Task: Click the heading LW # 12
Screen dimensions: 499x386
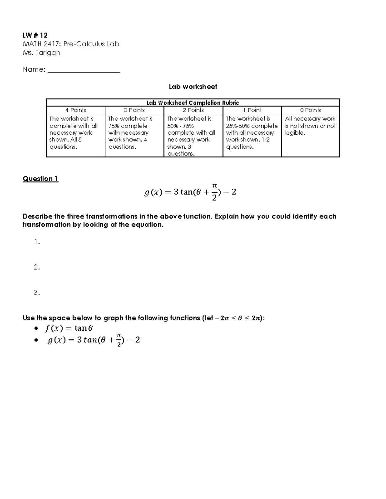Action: tap(35, 35)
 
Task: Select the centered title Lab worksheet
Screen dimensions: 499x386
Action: tap(193, 87)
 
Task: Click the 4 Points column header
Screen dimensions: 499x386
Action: tap(76, 110)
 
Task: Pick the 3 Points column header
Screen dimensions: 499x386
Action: tap(134, 110)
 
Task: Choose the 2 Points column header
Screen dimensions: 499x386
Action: tap(193, 110)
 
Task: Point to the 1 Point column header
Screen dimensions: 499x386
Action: tap(252, 110)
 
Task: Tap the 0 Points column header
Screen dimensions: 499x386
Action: tap(310, 110)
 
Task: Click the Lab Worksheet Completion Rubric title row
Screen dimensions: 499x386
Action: tap(193, 103)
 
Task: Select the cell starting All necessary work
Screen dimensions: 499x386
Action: tap(310, 126)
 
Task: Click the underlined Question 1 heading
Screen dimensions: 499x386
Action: tap(41, 179)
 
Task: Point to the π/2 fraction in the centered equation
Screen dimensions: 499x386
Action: tap(214, 192)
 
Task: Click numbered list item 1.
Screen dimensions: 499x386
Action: tap(37, 242)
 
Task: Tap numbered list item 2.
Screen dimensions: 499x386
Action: tap(37, 267)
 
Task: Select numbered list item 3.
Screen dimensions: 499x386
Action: tap(37, 293)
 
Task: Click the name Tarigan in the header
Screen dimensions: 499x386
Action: tap(48, 53)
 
